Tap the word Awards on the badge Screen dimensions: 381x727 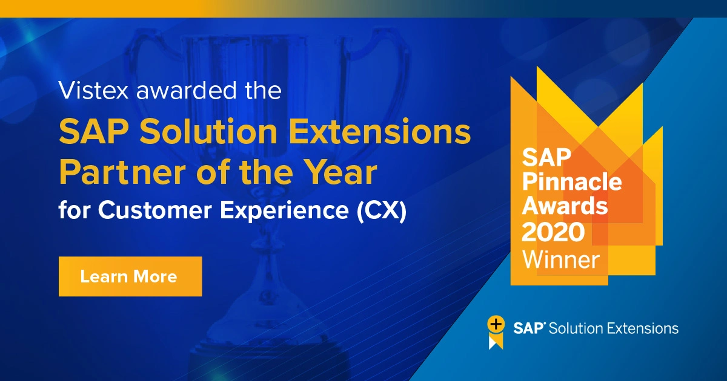pos(565,206)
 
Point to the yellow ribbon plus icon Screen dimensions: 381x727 pos(496,331)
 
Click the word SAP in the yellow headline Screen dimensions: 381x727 pos(88,132)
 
